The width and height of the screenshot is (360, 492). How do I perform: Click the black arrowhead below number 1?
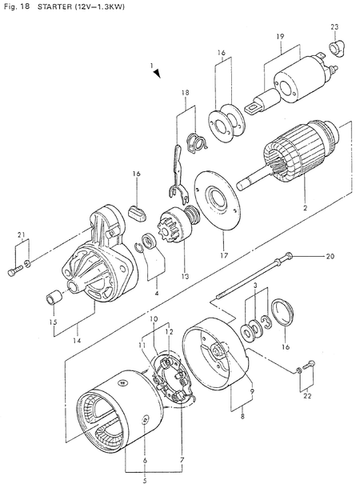click(157, 73)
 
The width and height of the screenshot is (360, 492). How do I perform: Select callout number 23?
click(334, 27)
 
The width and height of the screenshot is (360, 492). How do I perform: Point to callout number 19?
click(281, 37)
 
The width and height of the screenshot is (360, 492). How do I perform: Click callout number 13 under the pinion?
click(185, 276)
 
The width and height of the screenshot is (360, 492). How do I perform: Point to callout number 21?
click(21, 234)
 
